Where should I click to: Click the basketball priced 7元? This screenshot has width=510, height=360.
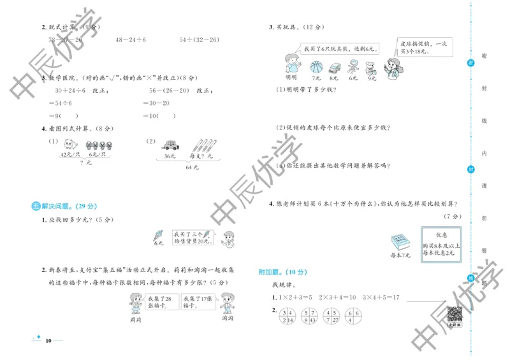tap(316, 66)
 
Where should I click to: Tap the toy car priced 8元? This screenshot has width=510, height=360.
tap(333, 66)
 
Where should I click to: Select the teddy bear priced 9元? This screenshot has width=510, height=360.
tap(370, 66)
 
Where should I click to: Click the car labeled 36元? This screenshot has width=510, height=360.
tap(170, 145)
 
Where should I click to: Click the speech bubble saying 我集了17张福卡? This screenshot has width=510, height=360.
tap(198, 301)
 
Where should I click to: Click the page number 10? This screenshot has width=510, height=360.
tap(48, 341)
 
